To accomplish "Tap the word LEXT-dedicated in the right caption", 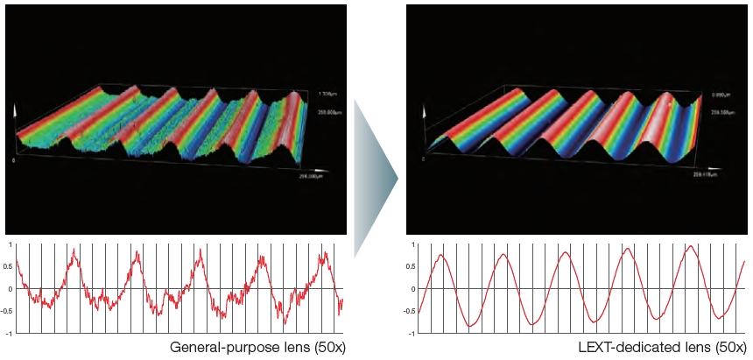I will (630, 347).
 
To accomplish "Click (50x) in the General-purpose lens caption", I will (328, 347).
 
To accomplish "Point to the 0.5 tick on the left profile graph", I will (9, 266).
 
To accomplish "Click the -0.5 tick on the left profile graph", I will (8, 311).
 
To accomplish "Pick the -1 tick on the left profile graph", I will (9, 333).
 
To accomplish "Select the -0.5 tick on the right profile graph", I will (411, 311).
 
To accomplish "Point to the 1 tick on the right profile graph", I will (413, 244).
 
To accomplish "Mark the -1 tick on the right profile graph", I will (412, 333).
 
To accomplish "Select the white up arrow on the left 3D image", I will (15, 112).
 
